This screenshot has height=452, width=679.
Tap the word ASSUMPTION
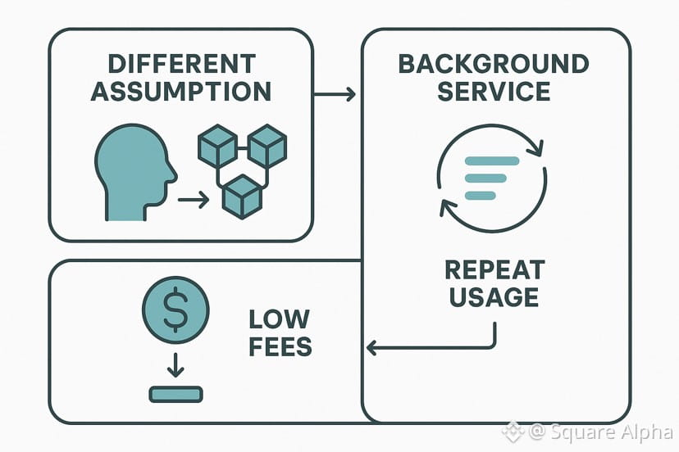180,90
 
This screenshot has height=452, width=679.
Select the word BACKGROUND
494,64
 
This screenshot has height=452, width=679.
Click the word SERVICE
494,90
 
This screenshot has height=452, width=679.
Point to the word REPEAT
494,269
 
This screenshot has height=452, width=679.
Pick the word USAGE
494,296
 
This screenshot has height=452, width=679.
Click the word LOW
280,319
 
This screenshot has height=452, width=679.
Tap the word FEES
280,346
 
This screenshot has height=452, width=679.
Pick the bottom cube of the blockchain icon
242,194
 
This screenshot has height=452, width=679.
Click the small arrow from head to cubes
193,198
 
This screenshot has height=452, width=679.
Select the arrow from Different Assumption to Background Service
335,94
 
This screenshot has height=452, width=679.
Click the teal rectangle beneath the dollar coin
175,394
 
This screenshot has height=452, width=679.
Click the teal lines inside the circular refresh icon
491,178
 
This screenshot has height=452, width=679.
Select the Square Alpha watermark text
601,432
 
